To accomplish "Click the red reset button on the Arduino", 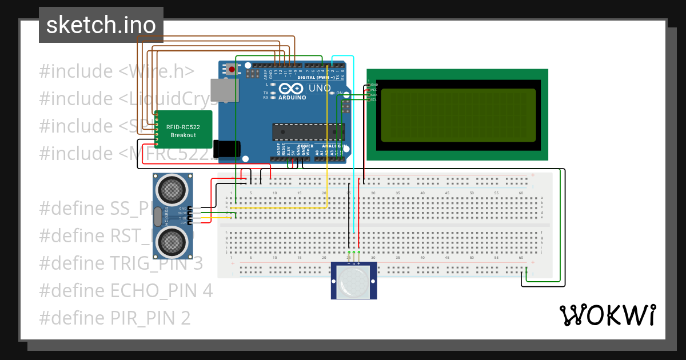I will point(232,70).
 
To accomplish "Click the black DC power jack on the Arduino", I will point(226,149).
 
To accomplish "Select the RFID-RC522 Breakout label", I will point(183,131).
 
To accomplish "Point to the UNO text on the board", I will point(320,89).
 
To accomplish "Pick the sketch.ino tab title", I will point(101,25).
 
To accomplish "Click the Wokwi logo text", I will point(607,315).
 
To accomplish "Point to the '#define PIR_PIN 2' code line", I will point(114,318).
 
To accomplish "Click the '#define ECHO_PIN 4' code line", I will point(126,290).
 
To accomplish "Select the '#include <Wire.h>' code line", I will point(117,71).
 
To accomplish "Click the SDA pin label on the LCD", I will point(373,95).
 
